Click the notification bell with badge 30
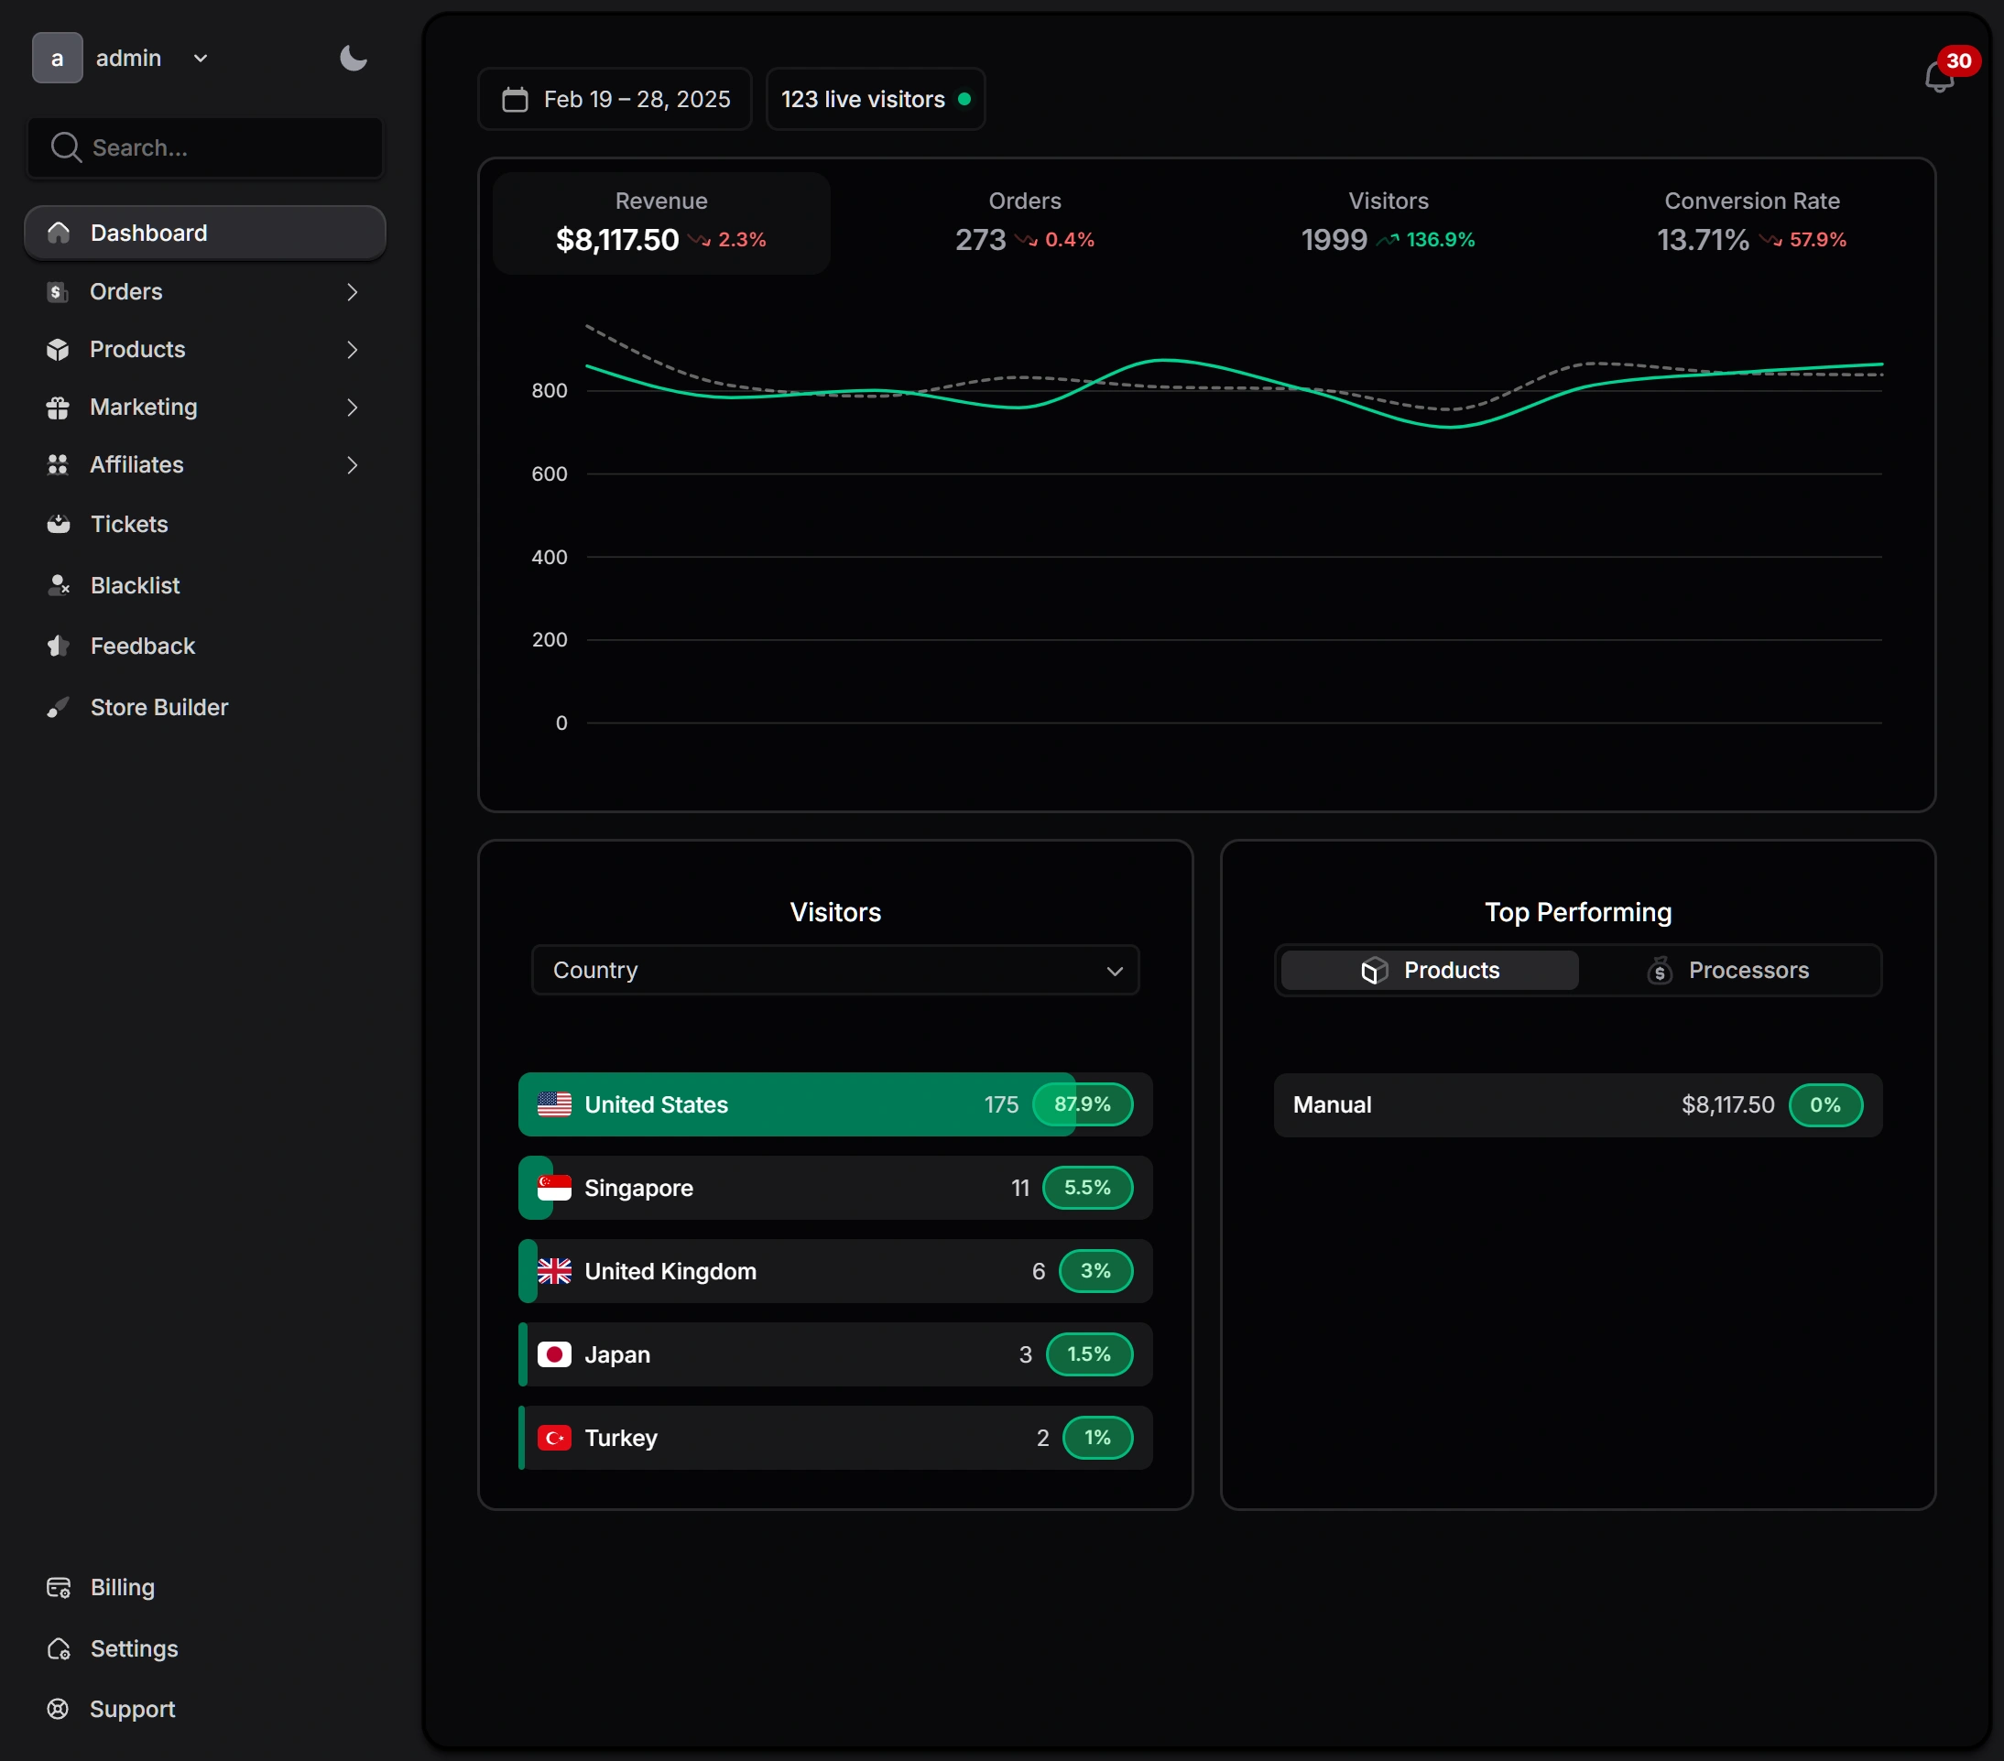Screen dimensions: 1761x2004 1938,77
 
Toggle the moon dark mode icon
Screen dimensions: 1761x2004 353,58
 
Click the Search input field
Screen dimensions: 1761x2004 206,148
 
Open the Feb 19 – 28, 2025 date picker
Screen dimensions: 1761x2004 615,99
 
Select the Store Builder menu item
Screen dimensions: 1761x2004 158,707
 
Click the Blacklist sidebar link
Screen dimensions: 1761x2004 135,585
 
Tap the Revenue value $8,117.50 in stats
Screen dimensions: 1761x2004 616,239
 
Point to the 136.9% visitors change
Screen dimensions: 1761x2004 1439,239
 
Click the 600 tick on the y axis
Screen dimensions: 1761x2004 549,473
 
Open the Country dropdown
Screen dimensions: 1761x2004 835,970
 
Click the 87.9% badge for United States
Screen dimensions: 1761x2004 1083,1104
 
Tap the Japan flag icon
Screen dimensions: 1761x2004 554,1354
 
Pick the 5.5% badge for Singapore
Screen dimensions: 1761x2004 1087,1188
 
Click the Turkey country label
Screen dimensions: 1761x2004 621,1438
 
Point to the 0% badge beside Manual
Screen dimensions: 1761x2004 1824,1105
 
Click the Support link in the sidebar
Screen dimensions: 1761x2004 133,1709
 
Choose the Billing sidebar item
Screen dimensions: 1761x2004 123,1587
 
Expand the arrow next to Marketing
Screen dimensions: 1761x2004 352,407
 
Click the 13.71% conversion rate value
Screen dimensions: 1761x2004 1702,239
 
